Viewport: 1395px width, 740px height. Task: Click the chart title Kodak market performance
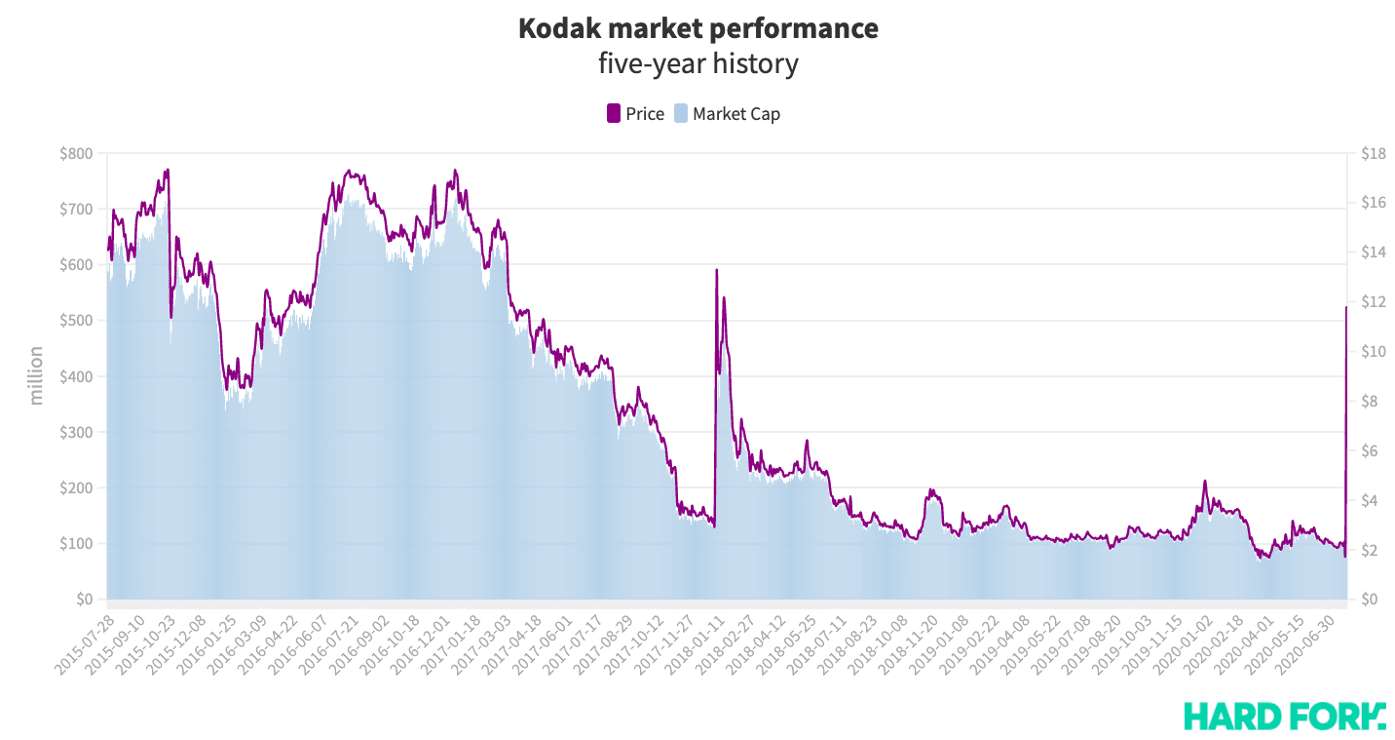tap(697, 28)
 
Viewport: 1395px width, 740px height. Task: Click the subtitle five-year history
tap(697, 64)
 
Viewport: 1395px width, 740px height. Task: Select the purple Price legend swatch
tap(614, 114)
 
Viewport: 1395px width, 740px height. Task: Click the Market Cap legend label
tap(735, 114)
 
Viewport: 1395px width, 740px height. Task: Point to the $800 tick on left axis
tap(76, 153)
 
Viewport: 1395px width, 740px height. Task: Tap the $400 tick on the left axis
tap(76, 376)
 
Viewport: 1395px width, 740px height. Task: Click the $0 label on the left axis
tap(84, 600)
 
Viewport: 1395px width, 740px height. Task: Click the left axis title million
tap(37, 375)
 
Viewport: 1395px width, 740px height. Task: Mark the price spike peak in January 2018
tap(716, 270)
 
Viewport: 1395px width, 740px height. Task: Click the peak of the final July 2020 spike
tap(1346, 308)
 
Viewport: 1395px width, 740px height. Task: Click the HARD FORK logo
tap(1284, 716)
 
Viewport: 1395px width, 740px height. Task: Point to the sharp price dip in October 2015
tap(170, 317)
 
